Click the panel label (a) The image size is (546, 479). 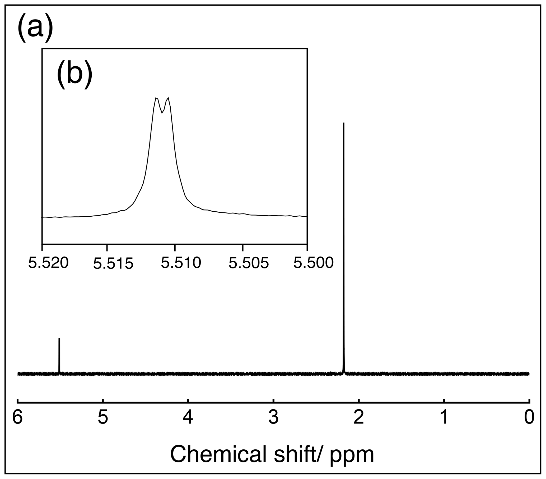coord(35,29)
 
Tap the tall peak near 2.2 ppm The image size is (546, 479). coord(343,240)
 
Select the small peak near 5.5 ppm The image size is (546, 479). coord(59,355)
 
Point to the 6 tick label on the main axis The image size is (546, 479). coord(17,417)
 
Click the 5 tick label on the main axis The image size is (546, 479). coord(103,417)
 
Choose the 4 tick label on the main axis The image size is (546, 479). coord(188,417)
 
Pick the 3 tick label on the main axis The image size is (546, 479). coord(274,417)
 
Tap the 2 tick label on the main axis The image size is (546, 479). coord(359,417)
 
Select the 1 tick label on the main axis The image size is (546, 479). coord(444,417)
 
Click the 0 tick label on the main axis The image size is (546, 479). coord(529,417)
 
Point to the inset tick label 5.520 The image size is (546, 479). coord(48,263)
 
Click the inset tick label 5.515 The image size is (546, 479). coord(113,264)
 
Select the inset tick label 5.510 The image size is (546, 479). coord(181,263)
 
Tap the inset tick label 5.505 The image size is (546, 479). coord(249,263)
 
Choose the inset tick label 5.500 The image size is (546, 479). coord(313,263)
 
